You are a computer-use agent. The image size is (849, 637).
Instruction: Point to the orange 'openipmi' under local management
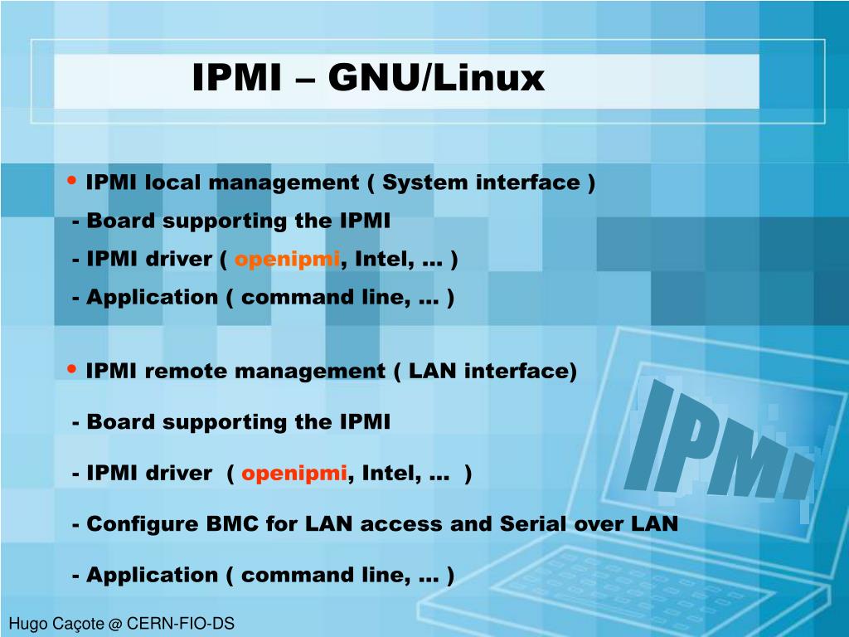click(287, 260)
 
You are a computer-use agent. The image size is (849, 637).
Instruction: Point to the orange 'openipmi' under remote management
click(294, 474)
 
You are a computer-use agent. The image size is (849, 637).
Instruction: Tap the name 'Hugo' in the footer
click(27, 624)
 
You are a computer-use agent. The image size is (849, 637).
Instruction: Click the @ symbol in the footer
click(114, 624)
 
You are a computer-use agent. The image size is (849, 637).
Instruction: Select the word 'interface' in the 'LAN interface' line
click(521, 371)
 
